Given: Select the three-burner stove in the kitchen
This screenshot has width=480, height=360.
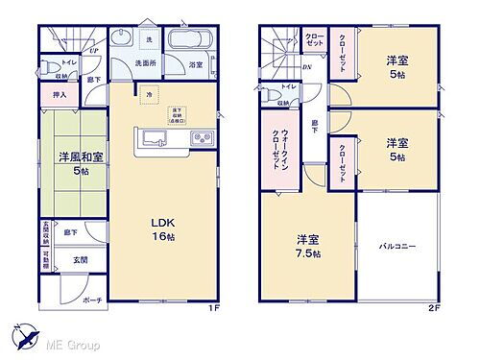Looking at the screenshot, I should [203, 136].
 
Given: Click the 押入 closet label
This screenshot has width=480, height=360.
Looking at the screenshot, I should [60, 95].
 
